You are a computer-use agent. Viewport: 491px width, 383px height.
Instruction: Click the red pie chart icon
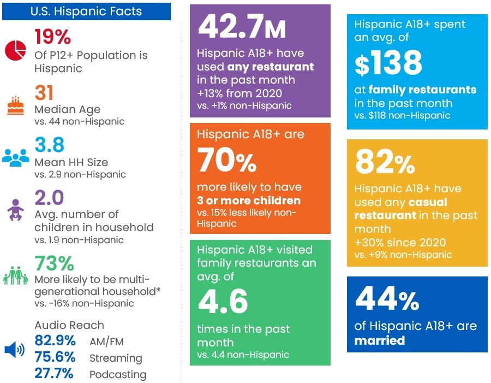pyautogui.click(x=15, y=50)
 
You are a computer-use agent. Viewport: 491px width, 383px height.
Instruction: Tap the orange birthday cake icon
pyautogui.click(x=15, y=105)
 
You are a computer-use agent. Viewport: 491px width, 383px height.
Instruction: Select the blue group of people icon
pyautogui.click(x=15, y=157)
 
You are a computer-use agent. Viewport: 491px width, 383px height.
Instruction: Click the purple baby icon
pyautogui.click(x=15, y=210)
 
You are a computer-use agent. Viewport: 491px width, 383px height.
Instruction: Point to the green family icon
pyautogui.click(x=15, y=275)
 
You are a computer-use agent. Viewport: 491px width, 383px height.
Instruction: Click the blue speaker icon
pyautogui.click(x=14, y=350)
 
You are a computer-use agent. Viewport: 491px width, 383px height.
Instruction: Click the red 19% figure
pyautogui.click(x=52, y=37)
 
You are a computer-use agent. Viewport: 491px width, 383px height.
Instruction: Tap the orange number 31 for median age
pyautogui.click(x=44, y=92)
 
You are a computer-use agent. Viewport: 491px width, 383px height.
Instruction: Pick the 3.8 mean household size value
pyautogui.click(x=50, y=145)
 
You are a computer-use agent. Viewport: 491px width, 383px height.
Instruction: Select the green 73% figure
pyautogui.click(x=55, y=263)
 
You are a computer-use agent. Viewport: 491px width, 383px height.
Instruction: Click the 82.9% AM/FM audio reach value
pyautogui.click(x=55, y=340)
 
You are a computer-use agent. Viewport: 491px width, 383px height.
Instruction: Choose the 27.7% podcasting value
pyautogui.click(x=54, y=373)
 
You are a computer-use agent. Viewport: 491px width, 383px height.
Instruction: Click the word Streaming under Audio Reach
pyautogui.click(x=116, y=358)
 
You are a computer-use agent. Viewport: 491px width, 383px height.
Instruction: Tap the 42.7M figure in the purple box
pyautogui.click(x=242, y=27)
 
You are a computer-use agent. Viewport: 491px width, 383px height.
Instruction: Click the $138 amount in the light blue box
pyautogui.click(x=388, y=63)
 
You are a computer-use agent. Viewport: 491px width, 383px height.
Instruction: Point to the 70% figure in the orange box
pyautogui.click(x=227, y=160)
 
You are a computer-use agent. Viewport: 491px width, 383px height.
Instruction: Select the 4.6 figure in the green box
pyautogui.click(x=223, y=301)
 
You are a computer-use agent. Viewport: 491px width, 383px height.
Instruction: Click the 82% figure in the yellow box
pyautogui.click(x=385, y=162)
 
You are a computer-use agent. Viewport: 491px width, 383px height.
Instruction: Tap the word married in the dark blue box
pyautogui.click(x=380, y=340)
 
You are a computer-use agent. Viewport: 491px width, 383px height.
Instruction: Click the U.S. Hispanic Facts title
pyautogui.click(x=86, y=11)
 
